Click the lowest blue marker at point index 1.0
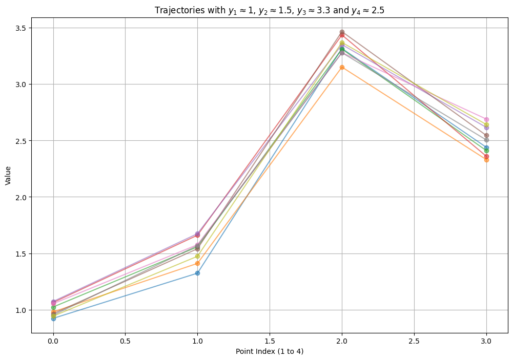click(197, 273)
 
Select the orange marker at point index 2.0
click(342, 67)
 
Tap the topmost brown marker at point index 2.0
click(342, 32)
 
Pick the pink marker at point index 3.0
click(486, 119)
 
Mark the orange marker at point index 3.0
click(486, 160)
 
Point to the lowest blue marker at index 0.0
click(53, 319)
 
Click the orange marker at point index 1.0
click(197, 263)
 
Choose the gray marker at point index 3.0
click(486, 140)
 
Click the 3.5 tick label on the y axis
click(20, 28)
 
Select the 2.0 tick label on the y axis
click(20, 197)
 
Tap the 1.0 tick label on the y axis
click(20, 310)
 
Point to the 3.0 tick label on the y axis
click(20, 84)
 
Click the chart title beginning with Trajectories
click(270, 10)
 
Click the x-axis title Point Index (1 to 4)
click(270, 351)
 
